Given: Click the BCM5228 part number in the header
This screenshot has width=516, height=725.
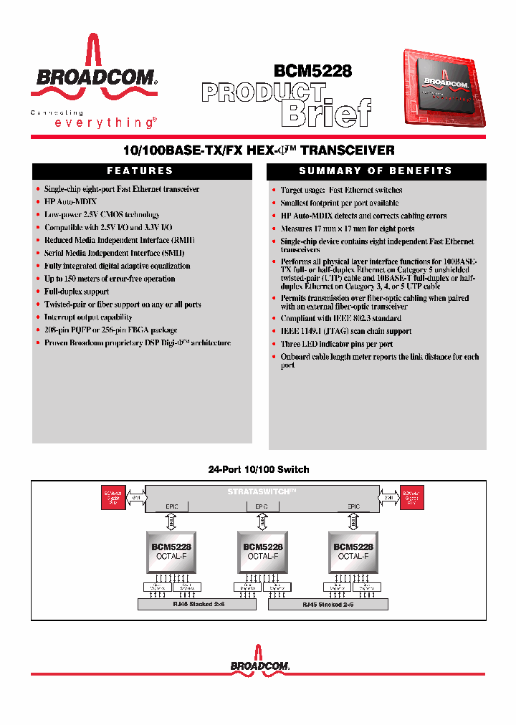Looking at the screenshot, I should click(312, 70).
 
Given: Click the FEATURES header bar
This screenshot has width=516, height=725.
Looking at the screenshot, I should click(141, 171).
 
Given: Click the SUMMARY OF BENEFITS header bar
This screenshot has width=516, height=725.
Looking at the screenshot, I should click(376, 171).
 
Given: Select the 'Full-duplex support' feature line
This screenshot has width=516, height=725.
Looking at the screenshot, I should click(77, 292).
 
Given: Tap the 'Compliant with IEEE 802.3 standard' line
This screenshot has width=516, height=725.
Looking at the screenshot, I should click(340, 318).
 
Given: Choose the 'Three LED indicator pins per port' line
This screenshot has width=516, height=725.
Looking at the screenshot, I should click(336, 344).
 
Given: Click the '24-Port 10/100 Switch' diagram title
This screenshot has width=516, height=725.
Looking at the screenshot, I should click(259, 469).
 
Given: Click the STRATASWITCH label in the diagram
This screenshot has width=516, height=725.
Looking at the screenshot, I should click(262, 491).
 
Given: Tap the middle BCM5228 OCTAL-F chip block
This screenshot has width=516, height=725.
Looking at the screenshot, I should click(262, 551).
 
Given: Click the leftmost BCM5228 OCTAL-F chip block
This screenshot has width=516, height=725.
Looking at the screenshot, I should click(171, 551).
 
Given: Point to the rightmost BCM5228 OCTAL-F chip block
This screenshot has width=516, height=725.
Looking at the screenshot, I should click(353, 551).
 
